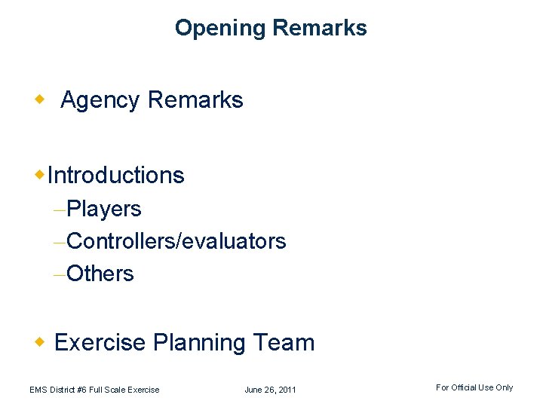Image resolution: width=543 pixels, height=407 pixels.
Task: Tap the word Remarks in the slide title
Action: click(319, 29)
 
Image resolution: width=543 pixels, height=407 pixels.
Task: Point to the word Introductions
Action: click(115, 176)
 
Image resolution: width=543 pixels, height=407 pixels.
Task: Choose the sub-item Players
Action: click(104, 209)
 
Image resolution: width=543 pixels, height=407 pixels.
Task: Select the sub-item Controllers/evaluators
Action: click(176, 241)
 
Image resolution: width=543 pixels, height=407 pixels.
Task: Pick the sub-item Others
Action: click(100, 274)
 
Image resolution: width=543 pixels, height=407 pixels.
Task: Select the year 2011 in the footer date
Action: click(286, 390)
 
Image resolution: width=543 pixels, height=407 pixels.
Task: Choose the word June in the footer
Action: click(254, 390)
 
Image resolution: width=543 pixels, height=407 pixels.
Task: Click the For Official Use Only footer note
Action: click(474, 387)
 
